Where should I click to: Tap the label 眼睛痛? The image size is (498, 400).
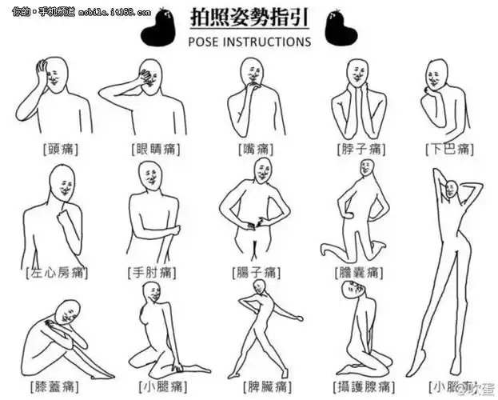coord(156,150)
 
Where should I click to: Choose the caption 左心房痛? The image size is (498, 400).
coord(57,272)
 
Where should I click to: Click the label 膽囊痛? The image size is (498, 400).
coord(361,272)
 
